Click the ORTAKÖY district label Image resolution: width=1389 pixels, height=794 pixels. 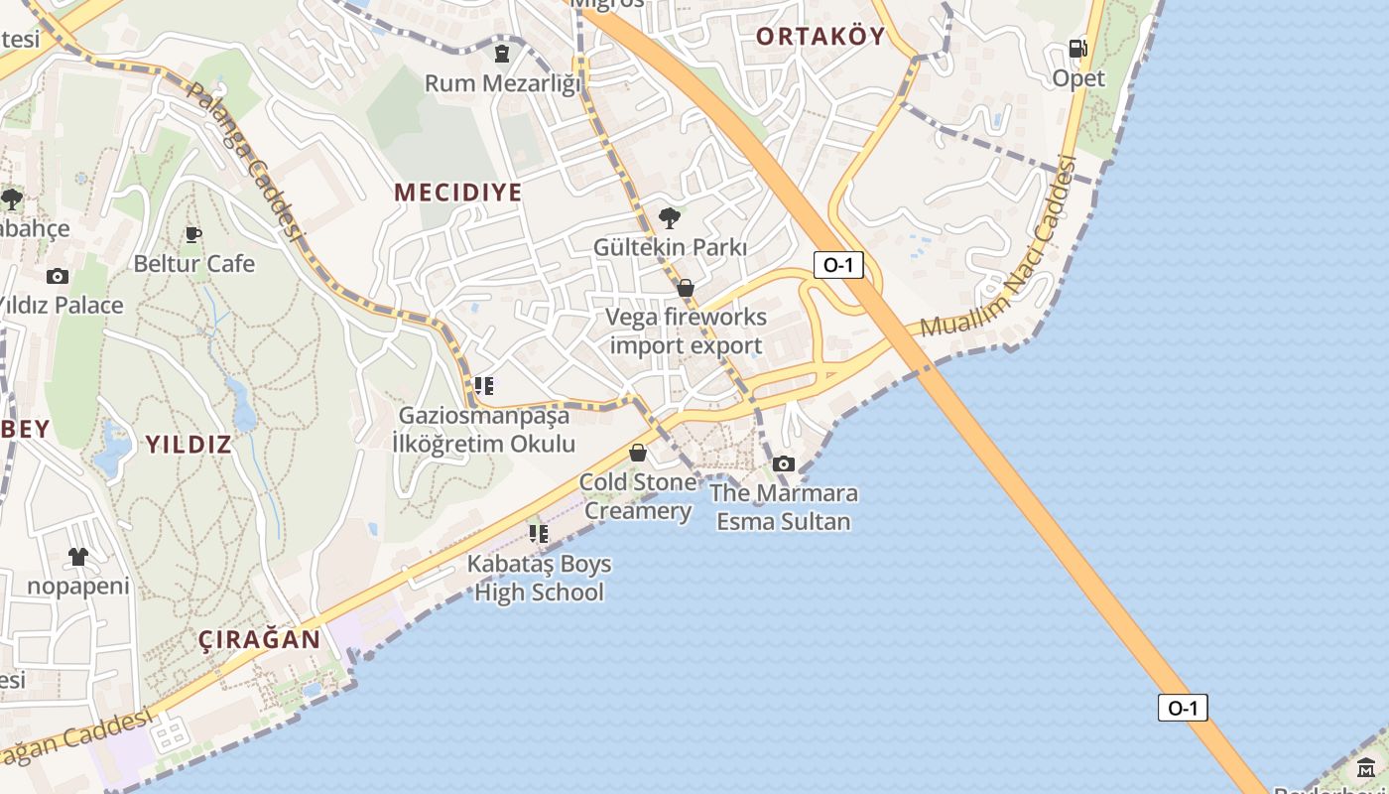820,37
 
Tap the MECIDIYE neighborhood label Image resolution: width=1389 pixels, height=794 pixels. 457,193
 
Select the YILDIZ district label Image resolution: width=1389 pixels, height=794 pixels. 189,444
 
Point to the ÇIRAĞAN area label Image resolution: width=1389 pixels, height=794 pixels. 260,639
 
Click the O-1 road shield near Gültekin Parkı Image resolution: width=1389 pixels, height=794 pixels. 838,265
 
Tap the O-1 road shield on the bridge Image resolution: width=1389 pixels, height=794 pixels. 1183,708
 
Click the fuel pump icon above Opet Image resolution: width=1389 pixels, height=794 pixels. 1077,49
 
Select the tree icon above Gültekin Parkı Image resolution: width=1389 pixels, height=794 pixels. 670,217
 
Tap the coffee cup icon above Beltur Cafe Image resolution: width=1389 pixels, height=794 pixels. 193,235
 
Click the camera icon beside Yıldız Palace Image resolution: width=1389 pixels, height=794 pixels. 58,277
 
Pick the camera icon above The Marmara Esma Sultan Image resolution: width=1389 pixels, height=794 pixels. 784,463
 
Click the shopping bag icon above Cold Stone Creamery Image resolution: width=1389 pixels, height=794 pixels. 638,453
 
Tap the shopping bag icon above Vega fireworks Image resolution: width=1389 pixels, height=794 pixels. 686,288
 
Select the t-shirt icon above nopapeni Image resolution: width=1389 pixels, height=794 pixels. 78,557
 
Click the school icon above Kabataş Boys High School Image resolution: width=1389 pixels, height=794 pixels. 539,534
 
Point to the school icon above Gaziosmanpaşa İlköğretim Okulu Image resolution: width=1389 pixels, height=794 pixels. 484,385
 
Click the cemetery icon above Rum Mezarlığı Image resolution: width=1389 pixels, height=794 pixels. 502,53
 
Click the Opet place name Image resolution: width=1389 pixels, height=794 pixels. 1078,78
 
